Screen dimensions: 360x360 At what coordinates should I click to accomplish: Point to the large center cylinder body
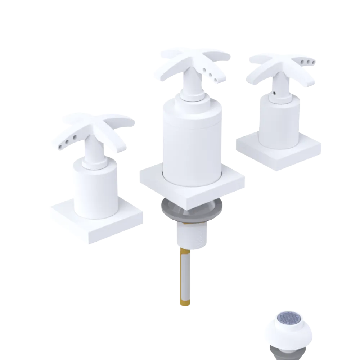coord(191,140)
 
